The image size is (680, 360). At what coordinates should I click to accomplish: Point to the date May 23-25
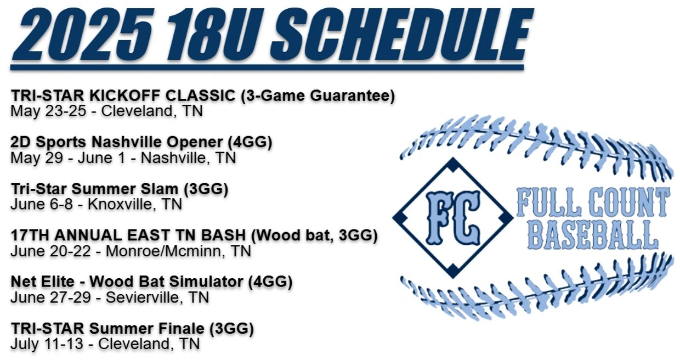pyautogui.click(x=48, y=111)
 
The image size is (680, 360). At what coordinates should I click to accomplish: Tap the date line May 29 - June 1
pyautogui.click(x=67, y=157)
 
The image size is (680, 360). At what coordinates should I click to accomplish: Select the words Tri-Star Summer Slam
pyautogui.click(x=94, y=189)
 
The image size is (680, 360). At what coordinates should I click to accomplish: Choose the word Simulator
pyautogui.click(x=206, y=282)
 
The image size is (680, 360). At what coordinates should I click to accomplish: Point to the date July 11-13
pyautogui.click(x=47, y=344)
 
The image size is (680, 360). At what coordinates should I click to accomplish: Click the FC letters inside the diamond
pyautogui.click(x=453, y=218)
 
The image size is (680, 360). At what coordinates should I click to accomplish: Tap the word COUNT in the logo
pyautogui.click(x=630, y=202)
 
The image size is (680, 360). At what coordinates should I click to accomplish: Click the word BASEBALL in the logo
pyautogui.click(x=593, y=235)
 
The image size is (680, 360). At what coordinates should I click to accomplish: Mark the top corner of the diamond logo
pyautogui.click(x=453, y=157)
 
